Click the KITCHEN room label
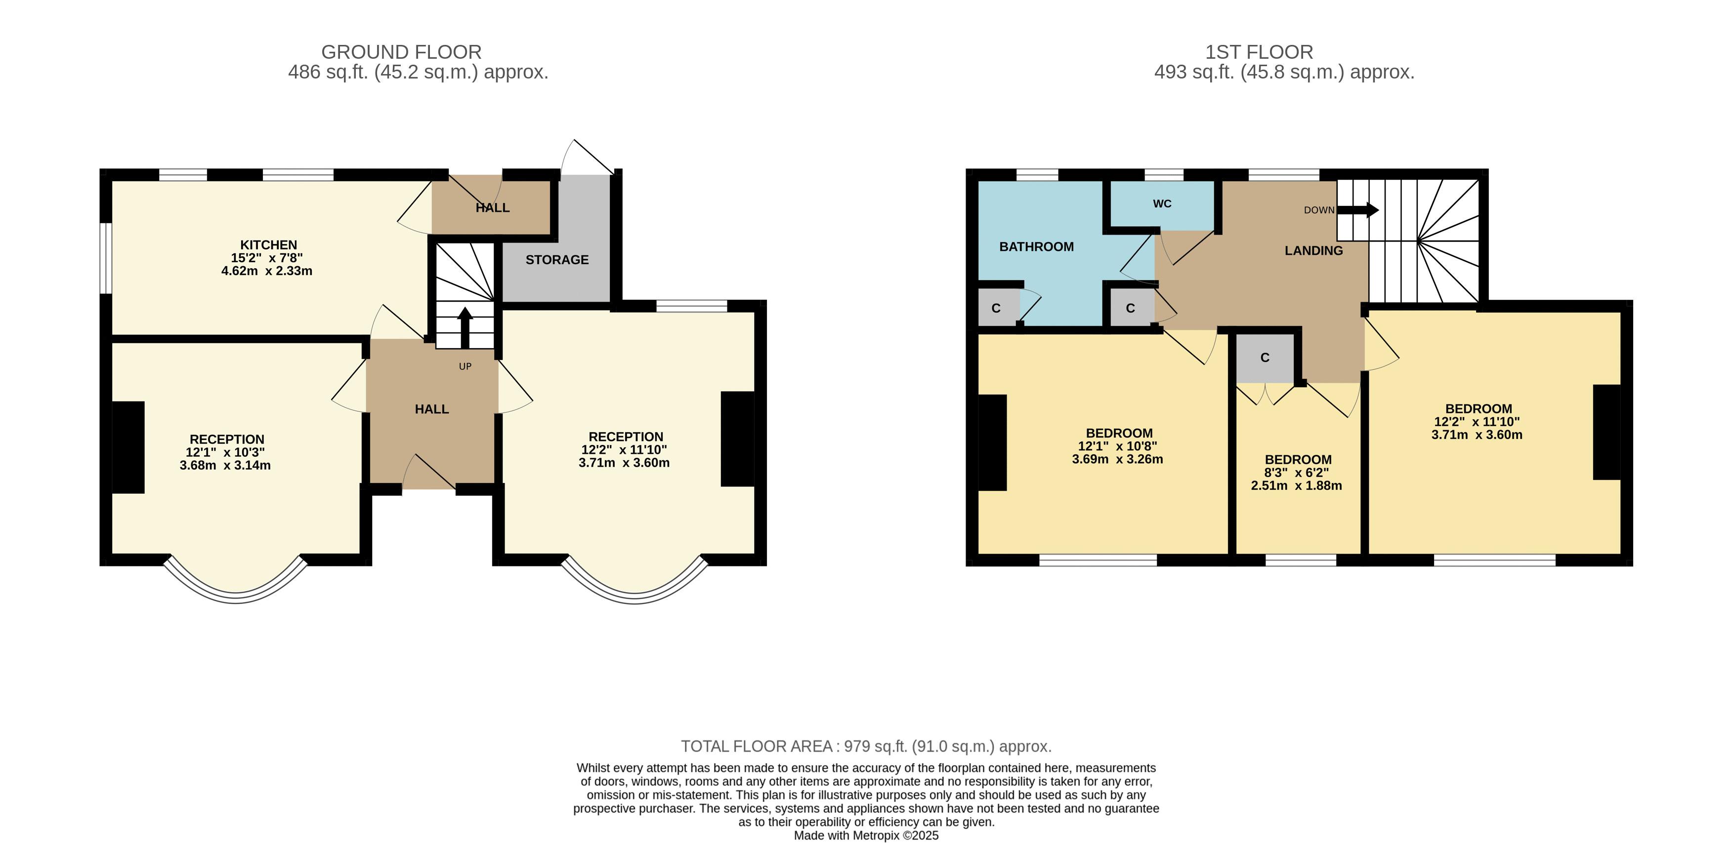point(268,244)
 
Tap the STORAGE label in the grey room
point(557,259)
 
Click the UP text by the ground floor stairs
point(465,366)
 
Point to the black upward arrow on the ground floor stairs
point(465,327)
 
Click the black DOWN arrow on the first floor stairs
point(1357,210)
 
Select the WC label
point(1162,203)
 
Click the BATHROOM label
point(1036,247)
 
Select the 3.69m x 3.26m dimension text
point(1117,459)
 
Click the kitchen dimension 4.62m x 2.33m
point(267,271)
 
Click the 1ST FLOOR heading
point(1259,52)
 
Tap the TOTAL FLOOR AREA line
point(866,746)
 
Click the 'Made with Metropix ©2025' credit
point(866,836)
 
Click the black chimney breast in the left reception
point(128,447)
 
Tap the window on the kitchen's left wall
point(106,258)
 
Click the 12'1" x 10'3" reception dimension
point(225,452)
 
